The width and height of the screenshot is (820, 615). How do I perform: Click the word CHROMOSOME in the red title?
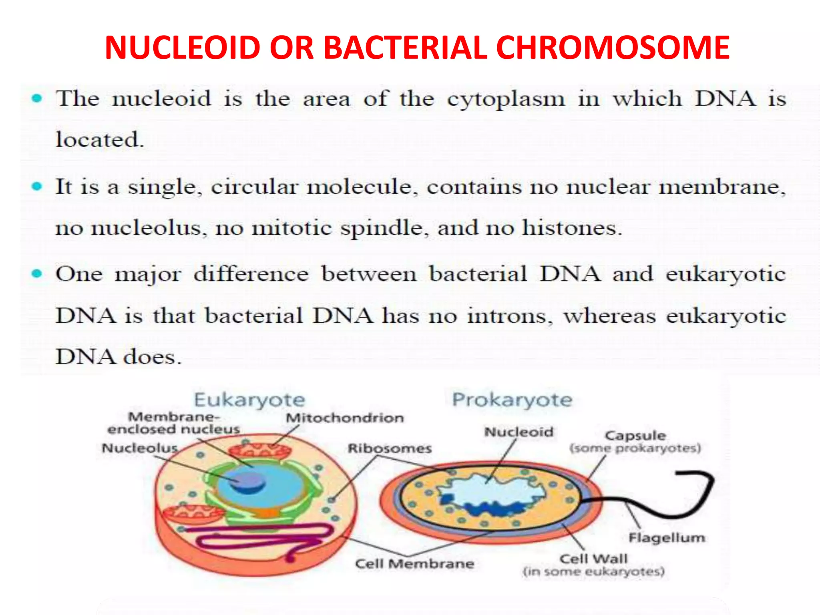[613, 48]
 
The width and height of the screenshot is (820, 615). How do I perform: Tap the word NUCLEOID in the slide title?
[183, 48]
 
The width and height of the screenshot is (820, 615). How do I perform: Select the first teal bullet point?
[37, 98]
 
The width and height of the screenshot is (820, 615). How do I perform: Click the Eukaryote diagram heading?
[249, 400]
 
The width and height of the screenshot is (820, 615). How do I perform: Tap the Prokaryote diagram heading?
[512, 400]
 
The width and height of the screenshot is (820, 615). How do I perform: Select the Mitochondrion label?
[345, 418]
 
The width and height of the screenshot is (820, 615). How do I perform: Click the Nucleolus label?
[140, 448]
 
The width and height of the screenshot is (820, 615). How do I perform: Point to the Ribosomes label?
[390, 448]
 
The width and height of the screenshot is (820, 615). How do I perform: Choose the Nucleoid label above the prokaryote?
[519, 432]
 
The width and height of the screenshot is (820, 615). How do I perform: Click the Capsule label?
[635, 436]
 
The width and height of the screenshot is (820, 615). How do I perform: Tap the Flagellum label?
[667, 538]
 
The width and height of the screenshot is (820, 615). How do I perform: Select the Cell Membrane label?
[414, 564]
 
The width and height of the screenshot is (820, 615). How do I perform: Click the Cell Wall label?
[593, 559]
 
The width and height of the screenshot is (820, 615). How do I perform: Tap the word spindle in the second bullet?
[384, 228]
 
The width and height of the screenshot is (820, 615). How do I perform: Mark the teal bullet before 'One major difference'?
[37, 274]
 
